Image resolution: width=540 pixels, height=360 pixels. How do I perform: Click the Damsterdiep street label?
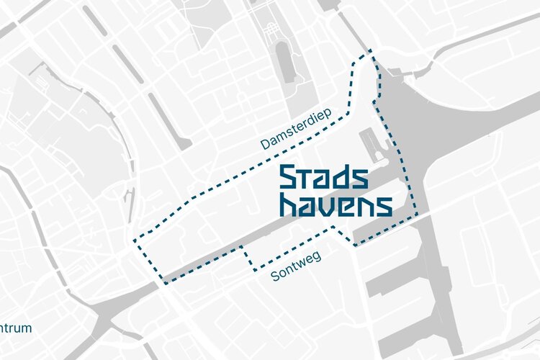click(x=294, y=134)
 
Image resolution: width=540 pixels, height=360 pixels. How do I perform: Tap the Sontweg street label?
click(x=295, y=266)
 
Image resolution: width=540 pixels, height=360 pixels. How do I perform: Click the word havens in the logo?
click(x=336, y=204)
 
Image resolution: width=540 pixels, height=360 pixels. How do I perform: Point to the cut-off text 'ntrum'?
click(x=15, y=328)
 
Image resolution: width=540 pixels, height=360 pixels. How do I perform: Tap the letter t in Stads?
click(x=305, y=178)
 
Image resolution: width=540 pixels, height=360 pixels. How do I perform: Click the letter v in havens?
click(x=325, y=206)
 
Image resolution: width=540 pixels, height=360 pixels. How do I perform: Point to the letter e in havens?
click(x=344, y=206)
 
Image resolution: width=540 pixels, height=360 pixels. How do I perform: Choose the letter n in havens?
click(x=364, y=206)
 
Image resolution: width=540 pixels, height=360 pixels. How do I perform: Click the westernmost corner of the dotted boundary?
click(x=134, y=240)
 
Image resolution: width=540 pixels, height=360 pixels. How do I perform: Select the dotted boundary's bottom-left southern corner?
click(x=165, y=283)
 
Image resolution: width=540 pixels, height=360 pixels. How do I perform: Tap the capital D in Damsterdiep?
click(x=265, y=147)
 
